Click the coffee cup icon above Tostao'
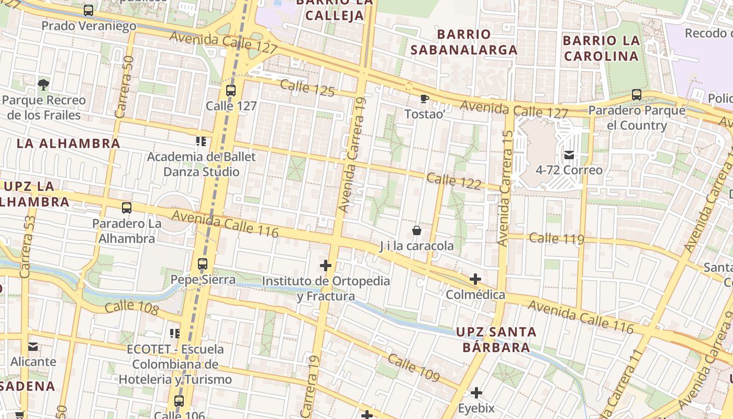point(424,98)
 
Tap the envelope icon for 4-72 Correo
point(569,155)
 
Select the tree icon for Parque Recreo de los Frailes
point(43,84)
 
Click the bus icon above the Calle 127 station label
point(231,91)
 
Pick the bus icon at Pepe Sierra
point(203,264)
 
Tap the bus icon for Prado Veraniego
point(88,10)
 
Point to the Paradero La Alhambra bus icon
point(126,208)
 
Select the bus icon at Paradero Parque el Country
point(637,95)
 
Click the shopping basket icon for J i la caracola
point(417,230)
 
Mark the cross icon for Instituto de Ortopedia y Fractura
point(326,266)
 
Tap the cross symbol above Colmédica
point(475,279)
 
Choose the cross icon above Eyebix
point(476,392)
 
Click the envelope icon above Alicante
point(33,346)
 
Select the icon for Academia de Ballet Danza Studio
point(201,141)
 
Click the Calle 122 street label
point(453,181)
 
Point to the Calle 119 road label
point(556,239)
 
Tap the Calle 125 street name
point(307,87)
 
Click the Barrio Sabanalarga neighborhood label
point(463,42)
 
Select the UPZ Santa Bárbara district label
point(496,339)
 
